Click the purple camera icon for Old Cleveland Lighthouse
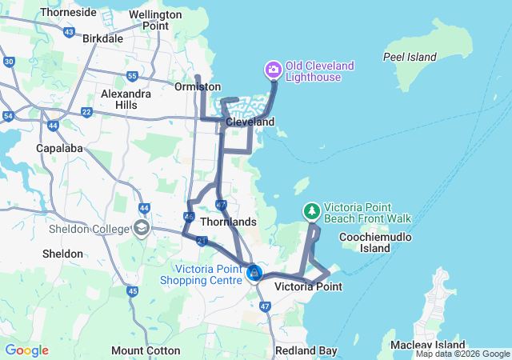point(273,70)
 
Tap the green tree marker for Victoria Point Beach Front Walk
point(310,211)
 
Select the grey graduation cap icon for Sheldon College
point(142,229)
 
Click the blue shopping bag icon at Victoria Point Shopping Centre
point(254,274)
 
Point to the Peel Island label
point(410,57)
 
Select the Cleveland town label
point(250,122)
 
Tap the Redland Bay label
point(306,350)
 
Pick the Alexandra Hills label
point(125,99)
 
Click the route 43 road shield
point(70,34)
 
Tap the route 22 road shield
point(86,111)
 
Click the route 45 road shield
point(132,291)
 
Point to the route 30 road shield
point(9,61)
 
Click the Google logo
point(26,350)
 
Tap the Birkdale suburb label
point(102,38)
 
